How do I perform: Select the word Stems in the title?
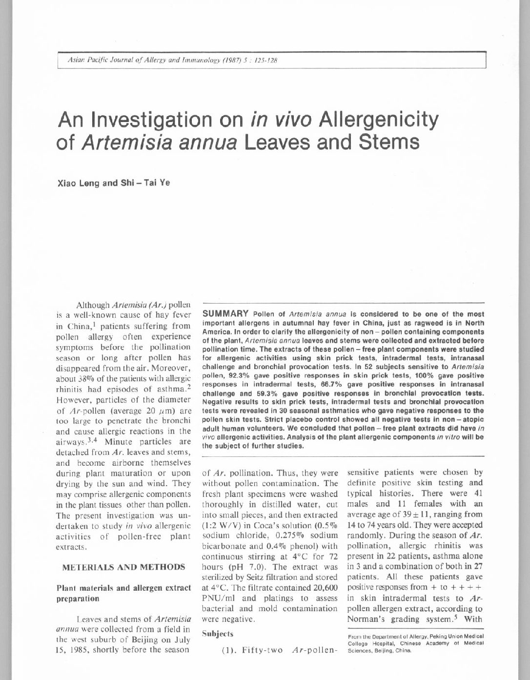(x=388, y=142)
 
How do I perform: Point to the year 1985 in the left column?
(x=82, y=649)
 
